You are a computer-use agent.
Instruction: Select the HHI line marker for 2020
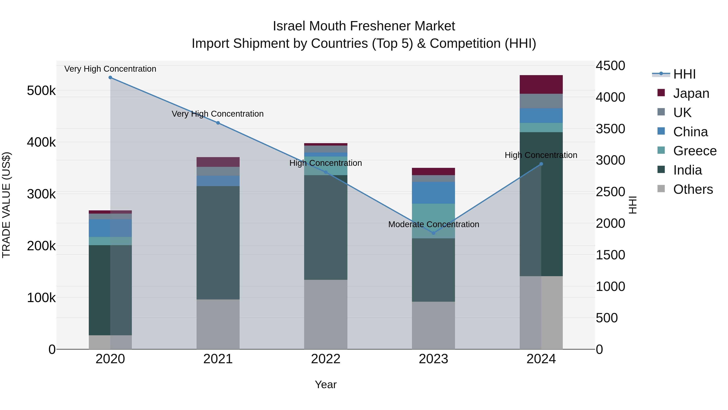tap(110, 78)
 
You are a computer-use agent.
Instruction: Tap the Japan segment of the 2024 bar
tap(541, 84)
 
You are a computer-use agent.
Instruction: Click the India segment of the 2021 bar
tap(218, 243)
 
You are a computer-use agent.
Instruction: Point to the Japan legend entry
tap(691, 93)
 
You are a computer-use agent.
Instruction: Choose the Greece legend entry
tap(694, 151)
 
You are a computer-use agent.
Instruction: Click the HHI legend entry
tap(684, 74)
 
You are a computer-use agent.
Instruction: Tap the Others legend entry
tap(693, 189)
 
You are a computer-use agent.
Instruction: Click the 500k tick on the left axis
tap(41, 91)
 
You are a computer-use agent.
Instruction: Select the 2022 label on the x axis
tap(326, 359)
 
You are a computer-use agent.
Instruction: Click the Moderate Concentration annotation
tap(434, 224)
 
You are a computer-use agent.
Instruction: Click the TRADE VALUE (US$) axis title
tap(6, 205)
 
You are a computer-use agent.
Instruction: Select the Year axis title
tap(326, 384)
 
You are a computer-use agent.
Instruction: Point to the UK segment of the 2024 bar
tap(541, 101)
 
